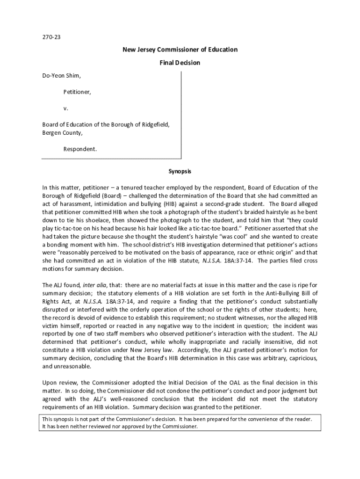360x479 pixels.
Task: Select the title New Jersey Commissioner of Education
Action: tap(180, 50)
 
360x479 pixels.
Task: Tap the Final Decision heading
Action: tap(180, 63)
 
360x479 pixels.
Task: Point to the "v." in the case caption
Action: tap(66, 108)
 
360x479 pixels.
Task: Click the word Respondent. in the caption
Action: tap(80, 149)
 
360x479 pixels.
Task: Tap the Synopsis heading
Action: tap(180, 172)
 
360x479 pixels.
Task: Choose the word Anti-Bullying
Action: tap(280, 293)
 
